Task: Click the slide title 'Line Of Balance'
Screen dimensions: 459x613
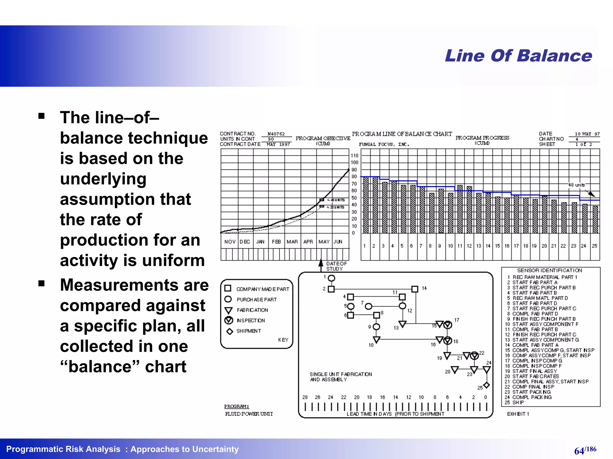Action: click(x=518, y=56)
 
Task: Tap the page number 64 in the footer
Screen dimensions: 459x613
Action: click(x=579, y=451)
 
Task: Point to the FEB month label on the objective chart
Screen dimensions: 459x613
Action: click(x=276, y=241)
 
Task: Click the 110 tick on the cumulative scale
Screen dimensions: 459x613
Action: click(x=354, y=155)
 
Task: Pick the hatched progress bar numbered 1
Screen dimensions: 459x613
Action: click(x=366, y=205)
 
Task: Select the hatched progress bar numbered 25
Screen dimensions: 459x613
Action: click(x=595, y=219)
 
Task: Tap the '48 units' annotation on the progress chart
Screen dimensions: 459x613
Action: click(x=576, y=185)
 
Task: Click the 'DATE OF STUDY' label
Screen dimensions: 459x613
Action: click(x=336, y=266)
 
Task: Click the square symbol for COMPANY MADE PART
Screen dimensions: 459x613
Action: click(x=228, y=288)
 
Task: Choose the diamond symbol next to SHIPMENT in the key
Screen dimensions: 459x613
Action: click(x=230, y=331)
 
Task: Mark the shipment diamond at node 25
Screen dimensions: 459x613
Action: click(x=486, y=385)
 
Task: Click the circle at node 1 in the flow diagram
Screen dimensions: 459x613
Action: click(x=331, y=278)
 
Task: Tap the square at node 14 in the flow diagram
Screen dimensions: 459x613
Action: click(x=415, y=289)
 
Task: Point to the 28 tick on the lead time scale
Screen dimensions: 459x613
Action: click(x=305, y=397)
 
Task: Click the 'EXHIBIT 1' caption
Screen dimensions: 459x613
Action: click(x=518, y=414)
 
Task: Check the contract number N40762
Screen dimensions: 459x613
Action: click(x=276, y=134)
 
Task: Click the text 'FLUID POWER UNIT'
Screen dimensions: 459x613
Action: click(x=249, y=414)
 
